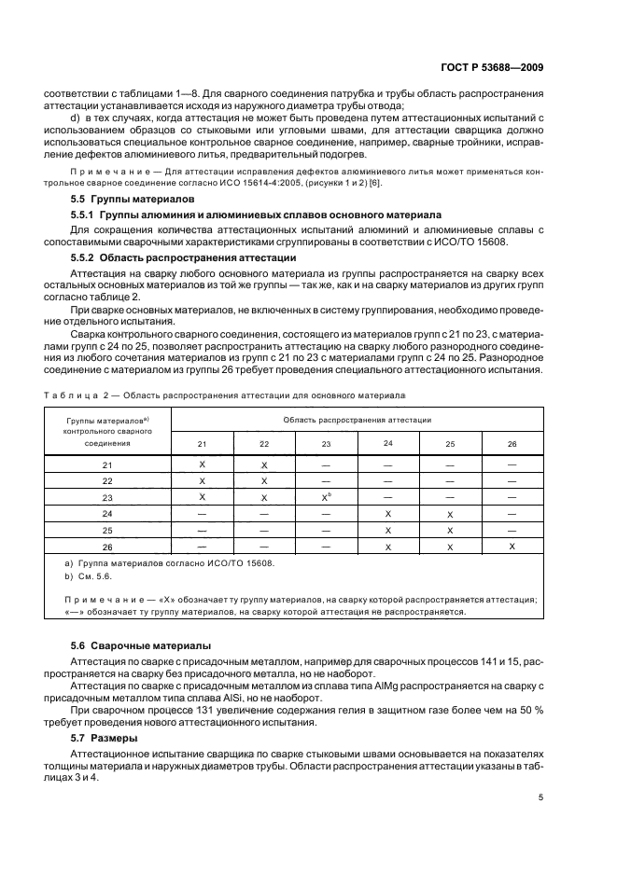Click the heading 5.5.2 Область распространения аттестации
(178, 257)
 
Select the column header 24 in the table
(387, 443)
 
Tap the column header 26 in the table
(512, 444)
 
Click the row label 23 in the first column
(106, 498)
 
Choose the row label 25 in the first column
(106, 530)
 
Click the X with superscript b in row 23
(326, 497)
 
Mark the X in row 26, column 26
(512, 546)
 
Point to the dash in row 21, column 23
(326, 464)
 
